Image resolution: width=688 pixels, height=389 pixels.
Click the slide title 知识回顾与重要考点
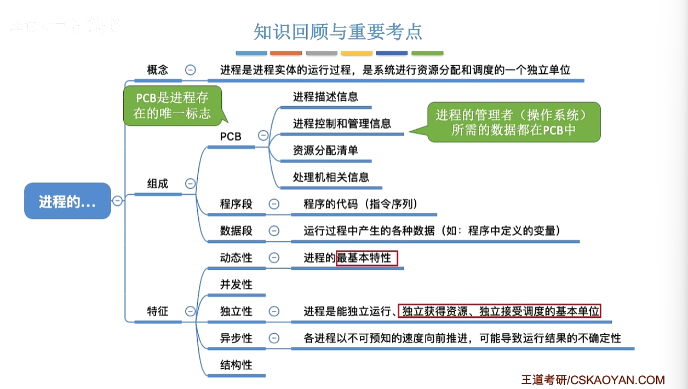pyautogui.click(x=338, y=32)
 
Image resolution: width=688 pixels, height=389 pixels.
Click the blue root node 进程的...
pyautogui.click(x=67, y=201)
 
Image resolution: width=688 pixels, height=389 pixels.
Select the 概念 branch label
pyautogui.click(x=158, y=70)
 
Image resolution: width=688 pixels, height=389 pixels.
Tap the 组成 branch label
pyautogui.click(x=158, y=184)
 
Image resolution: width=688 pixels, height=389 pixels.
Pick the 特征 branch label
pyautogui.click(x=158, y=311)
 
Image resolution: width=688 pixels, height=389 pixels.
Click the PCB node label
pyautogui.click(x=231, y=136)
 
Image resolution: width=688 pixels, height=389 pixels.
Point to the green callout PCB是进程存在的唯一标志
pyautogui.click(x=173, y=106)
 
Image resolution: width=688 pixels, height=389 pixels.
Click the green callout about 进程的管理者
pyautogui.click(x=513, y=122)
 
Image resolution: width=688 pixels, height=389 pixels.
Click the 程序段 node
pyautogui.click(x=236, y=204)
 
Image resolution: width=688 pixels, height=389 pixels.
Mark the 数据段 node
pyautogui.click(x=236, y=230)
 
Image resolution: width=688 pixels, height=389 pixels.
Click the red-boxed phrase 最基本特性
pyautogui.click(x=366, y=258)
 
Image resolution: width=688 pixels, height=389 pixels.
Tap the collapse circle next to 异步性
pyautogui.click(x=274, y=338)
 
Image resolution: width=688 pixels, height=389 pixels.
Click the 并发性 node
pyautogui.click(x=236, y=285)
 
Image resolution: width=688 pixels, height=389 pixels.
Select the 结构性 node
pyautogui.click(x=236, y=365)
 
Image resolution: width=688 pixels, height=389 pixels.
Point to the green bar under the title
pyautogui.click(x=427, y=53)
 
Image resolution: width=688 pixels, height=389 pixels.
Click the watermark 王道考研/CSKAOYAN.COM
pyautogui.click(x=593, y=380)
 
